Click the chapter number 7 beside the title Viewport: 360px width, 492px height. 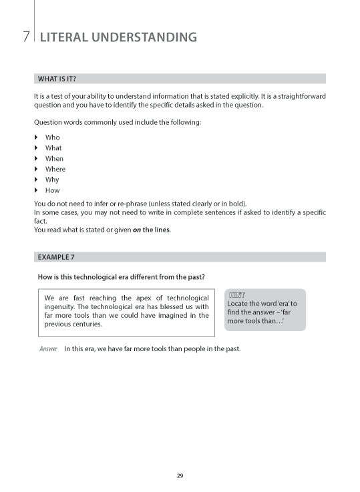click(25, 37)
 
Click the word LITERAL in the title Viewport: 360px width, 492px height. click(67, 37)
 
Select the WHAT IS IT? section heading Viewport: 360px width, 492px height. click(57, 79)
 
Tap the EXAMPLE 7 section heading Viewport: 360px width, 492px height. click(55, 256)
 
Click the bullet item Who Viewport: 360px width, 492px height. click(52, 138)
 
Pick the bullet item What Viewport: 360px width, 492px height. click(53, 148)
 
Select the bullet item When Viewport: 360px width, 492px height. click(54, 159)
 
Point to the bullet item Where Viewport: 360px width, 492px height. click(55, 170)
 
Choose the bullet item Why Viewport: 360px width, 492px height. click(52, 180)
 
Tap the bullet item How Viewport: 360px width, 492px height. click(52, 191)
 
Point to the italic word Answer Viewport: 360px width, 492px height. click(48, 349)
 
